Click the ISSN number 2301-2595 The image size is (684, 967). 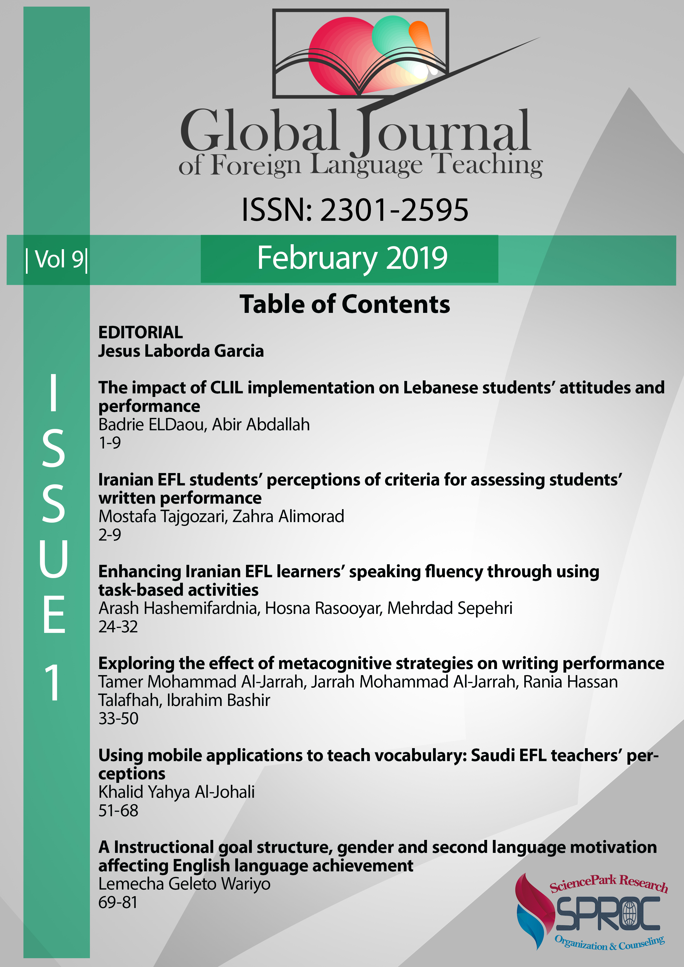[394, 210]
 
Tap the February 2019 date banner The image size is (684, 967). [352, 258]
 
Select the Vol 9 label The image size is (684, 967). [57, 259]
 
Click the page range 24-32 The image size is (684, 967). [118, 627]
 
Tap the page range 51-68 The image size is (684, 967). [118, 810]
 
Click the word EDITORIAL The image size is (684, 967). [140, 332]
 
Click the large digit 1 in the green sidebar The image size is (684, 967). [54, 682]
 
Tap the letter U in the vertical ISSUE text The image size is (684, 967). [54, 558]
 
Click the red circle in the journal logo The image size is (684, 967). [337, 55]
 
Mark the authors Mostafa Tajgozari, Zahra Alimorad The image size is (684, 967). [221, 516]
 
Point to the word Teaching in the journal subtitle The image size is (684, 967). [488, 164]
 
